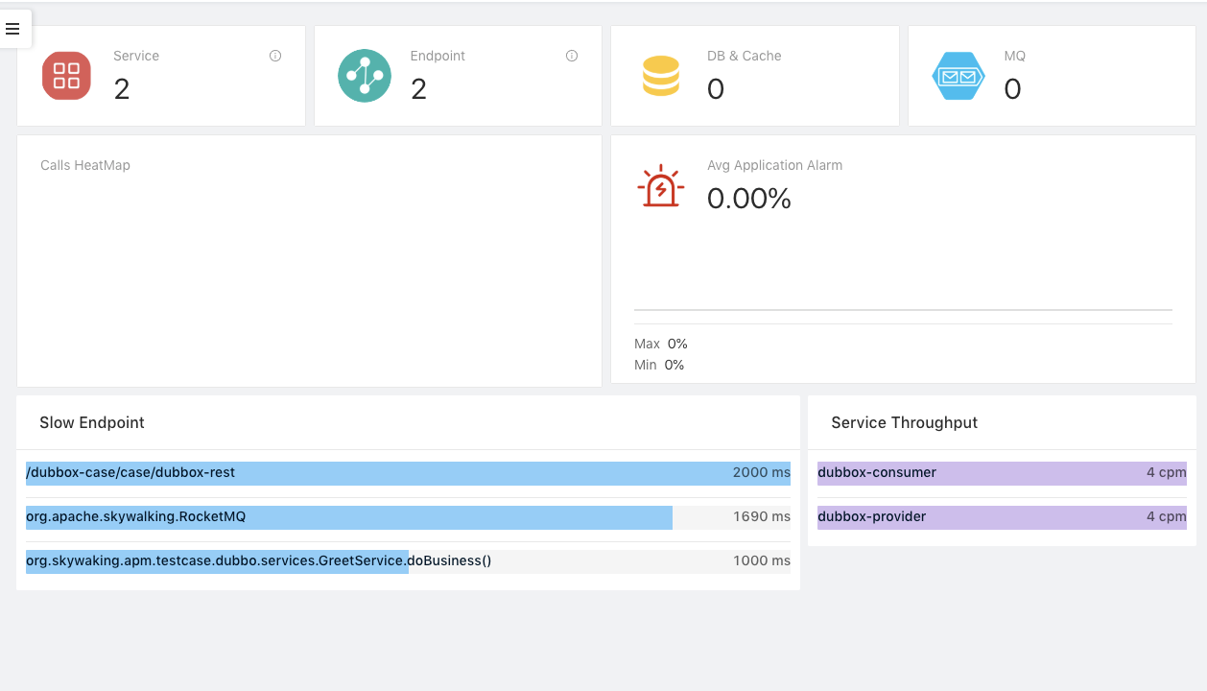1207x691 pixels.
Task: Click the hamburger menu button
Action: [x=12, y=29]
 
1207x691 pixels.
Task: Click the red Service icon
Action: [x=66, y=76]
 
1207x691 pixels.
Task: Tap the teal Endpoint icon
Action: [x=365, y=76]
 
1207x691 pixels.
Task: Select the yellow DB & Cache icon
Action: [x=660, y=76]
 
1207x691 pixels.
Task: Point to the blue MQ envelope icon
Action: [x=958, y=76]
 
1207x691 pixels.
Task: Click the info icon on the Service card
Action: [x=275, y=56]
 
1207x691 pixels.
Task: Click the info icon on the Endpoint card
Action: [x=572, y=56]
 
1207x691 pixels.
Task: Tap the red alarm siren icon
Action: [x=660, y=186]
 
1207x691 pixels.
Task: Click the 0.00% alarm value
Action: [x=748, y=199]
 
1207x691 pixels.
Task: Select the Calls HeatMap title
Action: [x=85, y=165]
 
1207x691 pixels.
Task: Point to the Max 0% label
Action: [x=661, y=344]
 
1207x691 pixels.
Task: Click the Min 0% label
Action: [x=659, y=365]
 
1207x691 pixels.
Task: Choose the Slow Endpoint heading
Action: [x=92, y=422]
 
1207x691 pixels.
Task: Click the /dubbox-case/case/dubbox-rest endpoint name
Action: [x=130, y=472]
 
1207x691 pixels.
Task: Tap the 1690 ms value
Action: [x=762, y=516]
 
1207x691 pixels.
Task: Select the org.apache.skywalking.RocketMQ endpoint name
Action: [x=136, y=516]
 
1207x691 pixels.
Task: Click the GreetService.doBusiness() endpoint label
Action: [x=259, y=560]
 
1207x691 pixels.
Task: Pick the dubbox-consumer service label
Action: [x=877, y=472]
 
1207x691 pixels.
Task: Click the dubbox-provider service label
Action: [x=872, y=516]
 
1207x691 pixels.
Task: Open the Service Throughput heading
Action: [x=904, y=422]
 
